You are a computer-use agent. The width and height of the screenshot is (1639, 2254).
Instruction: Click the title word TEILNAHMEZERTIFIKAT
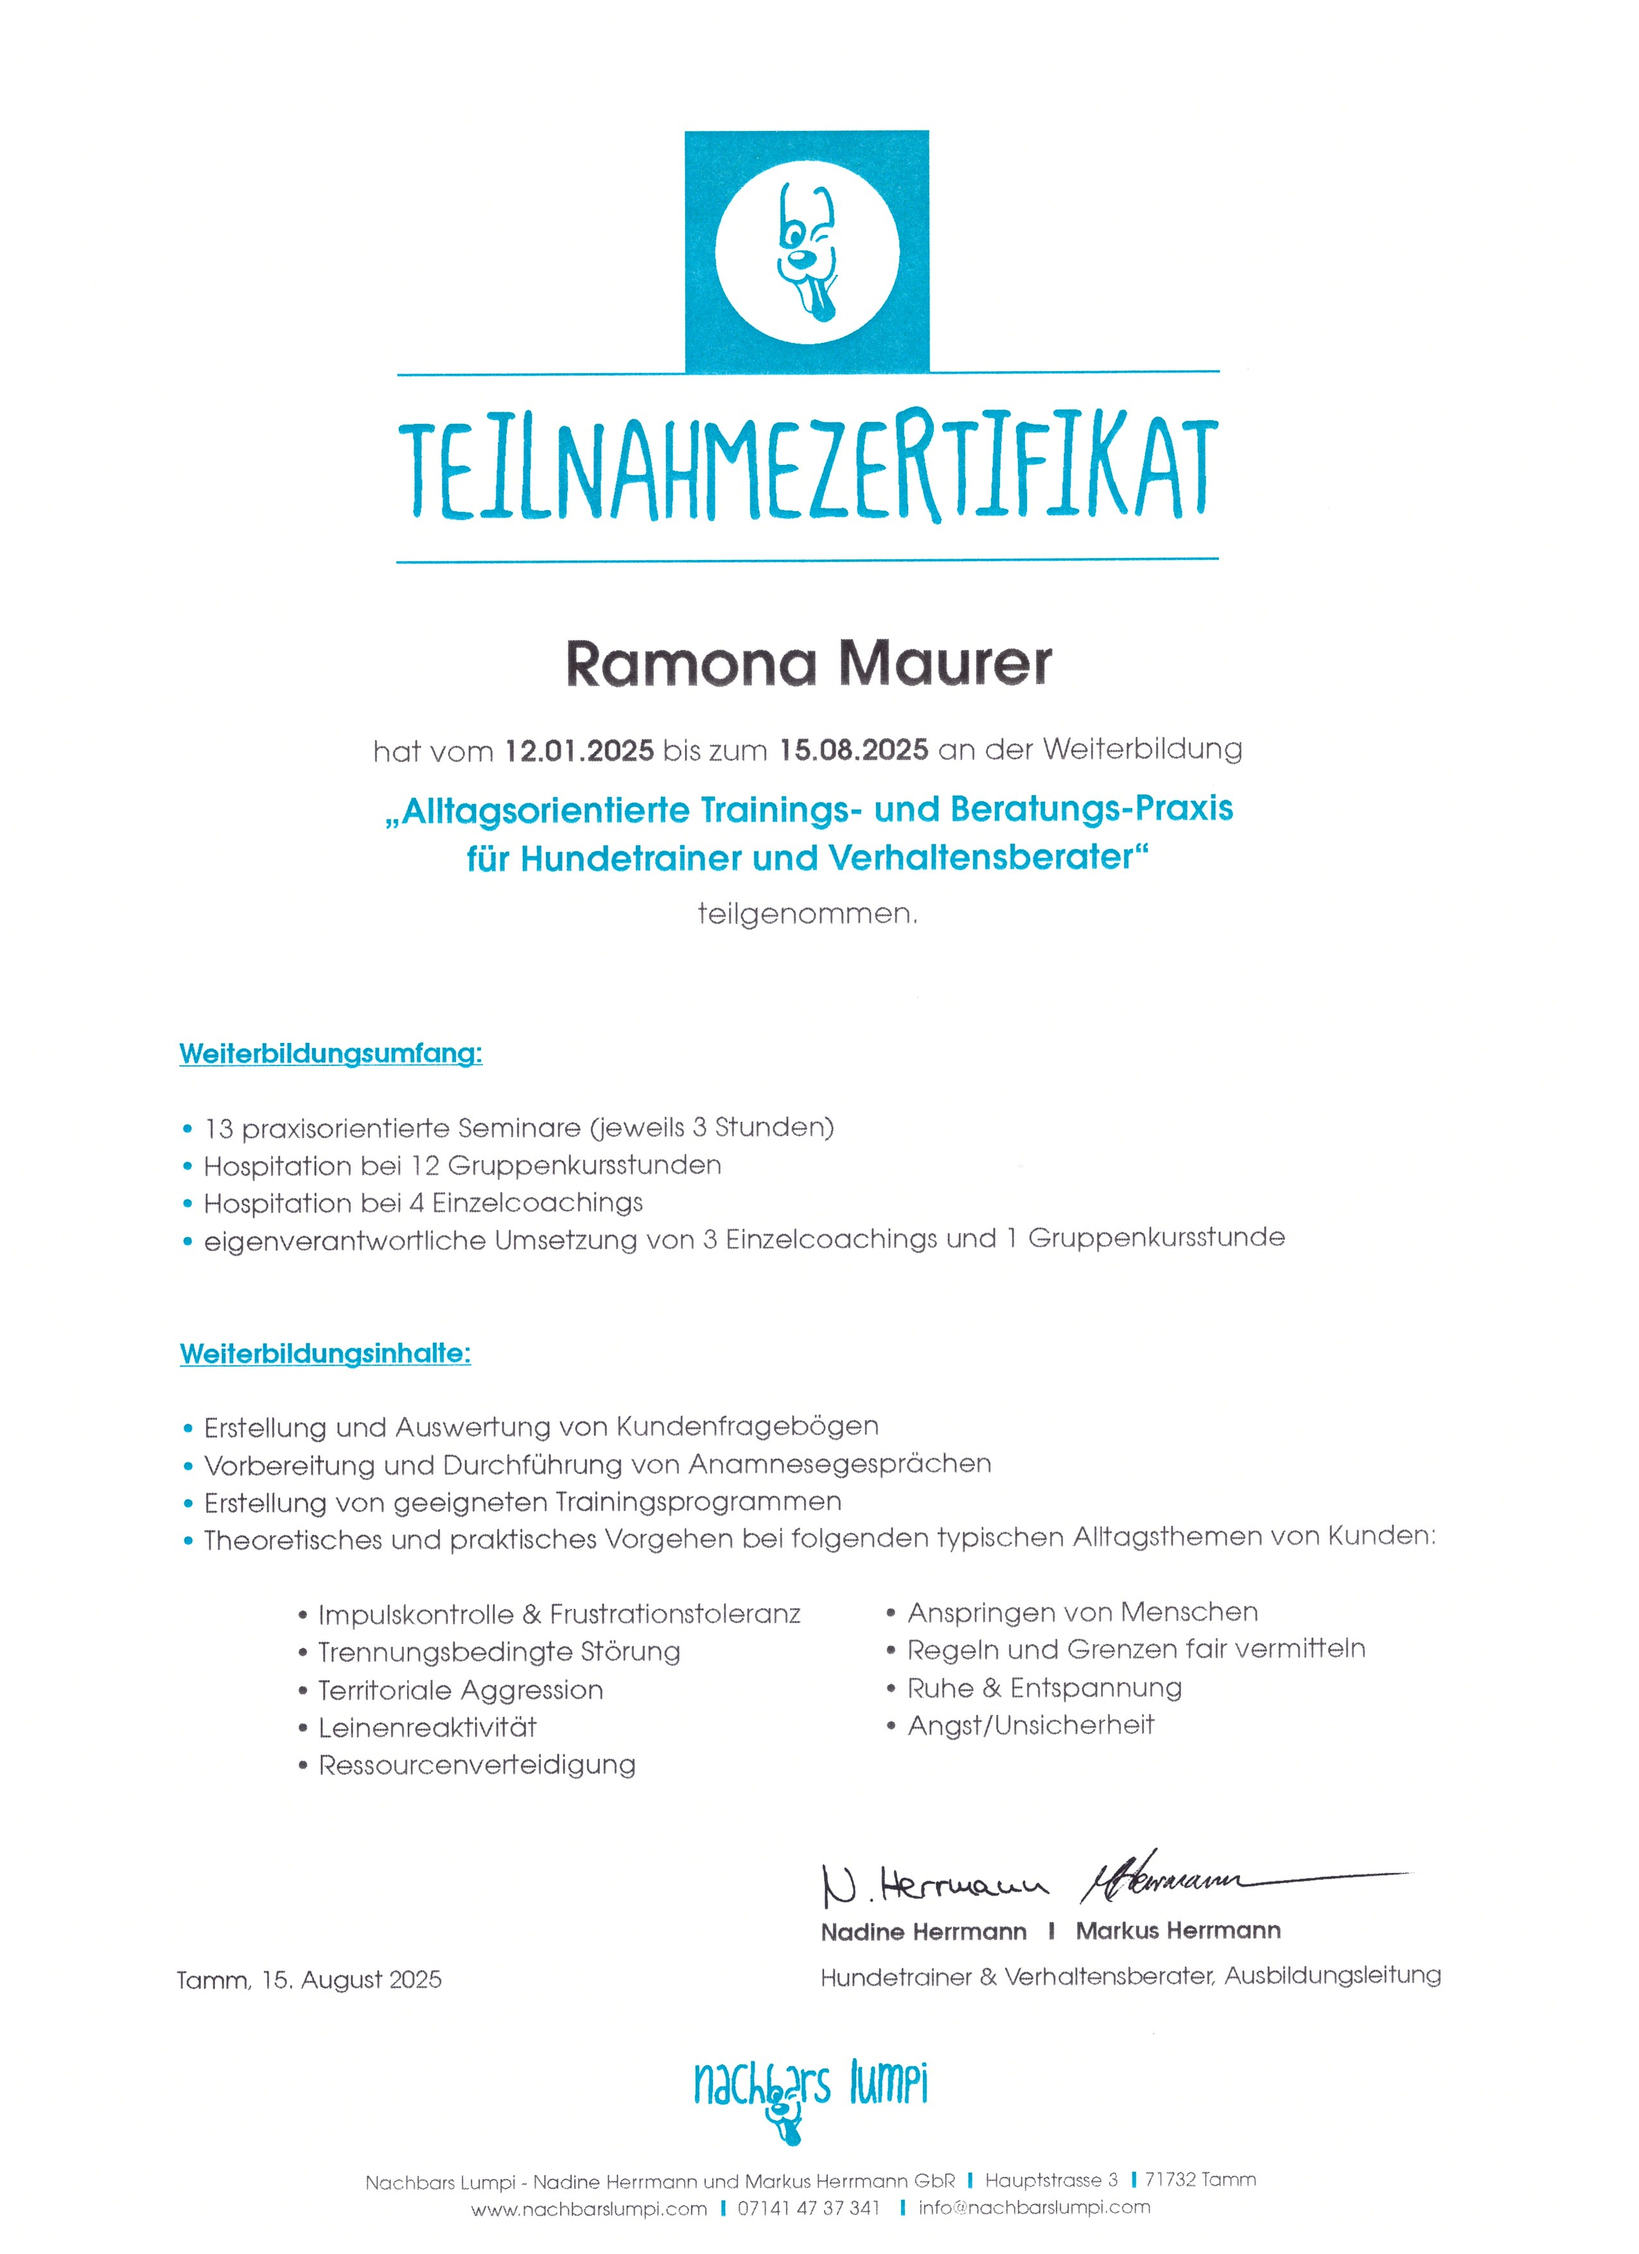click(x=807, y=469)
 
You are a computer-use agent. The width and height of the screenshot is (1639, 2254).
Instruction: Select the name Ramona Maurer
click(x=808, y=664)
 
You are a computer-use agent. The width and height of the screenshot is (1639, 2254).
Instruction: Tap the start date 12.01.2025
click(x=579, y=750)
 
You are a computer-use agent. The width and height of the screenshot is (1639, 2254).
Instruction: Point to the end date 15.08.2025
click(x=853, y=749)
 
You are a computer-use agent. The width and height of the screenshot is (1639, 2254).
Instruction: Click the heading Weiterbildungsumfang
click(x=330, y=1053)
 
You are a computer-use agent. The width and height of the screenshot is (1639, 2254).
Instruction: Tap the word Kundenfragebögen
click(x=746, y=1426)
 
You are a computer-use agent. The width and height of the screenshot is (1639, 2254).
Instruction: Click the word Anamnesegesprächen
click(x=840, y=1464)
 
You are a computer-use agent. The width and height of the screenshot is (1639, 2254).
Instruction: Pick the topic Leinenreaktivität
click(x=426, y=1727)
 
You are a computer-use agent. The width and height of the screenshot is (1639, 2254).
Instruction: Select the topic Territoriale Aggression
click(x=460, y=1690)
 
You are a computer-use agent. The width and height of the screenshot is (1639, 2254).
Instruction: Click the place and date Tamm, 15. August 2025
click(x=309, y=1980)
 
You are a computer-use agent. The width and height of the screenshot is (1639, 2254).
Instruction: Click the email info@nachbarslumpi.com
click(x=1034, y=2207)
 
